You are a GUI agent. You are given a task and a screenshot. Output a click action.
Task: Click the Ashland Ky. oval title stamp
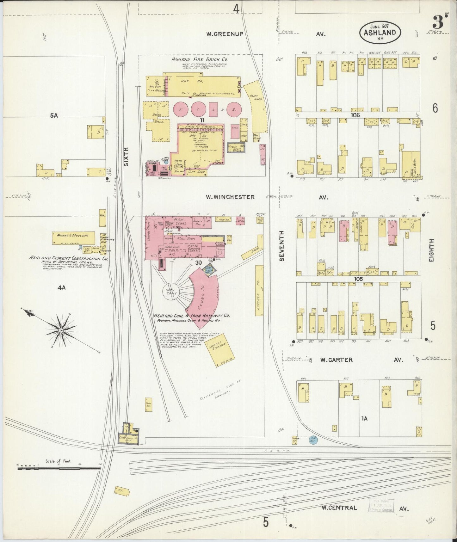tap(380, 32)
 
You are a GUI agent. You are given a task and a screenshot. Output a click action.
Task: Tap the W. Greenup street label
tap(225, 34)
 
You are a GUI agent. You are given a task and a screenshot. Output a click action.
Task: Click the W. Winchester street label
tap(230, 197)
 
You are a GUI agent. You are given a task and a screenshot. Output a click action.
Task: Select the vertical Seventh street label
tap(282, 246)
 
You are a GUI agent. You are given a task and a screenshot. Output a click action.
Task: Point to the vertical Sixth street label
tap(126, 157)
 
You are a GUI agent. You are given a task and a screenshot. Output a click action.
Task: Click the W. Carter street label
tap(336, 360)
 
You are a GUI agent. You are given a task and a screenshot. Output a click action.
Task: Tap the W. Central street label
tap(339, 508)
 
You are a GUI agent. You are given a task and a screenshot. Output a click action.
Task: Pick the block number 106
tap(355, 115)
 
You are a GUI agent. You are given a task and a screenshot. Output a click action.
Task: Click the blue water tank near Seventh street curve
tap(313, 439)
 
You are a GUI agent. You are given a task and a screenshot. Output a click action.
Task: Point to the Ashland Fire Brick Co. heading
tap(200, 59)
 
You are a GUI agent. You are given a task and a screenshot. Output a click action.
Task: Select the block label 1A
tap(364, 418)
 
